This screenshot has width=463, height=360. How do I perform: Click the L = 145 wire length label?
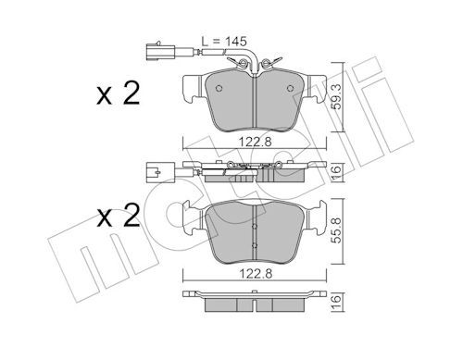coord(224,41)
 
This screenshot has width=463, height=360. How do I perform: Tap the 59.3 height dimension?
coord(337,97)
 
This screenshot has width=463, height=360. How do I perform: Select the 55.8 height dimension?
coord(337,230)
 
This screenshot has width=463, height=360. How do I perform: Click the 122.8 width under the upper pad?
coord(255,143)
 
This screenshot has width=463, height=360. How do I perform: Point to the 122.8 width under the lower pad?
coord(255,274)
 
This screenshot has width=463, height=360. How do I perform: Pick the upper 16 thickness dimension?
coord(337,170)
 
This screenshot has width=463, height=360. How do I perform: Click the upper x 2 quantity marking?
coord(119,93)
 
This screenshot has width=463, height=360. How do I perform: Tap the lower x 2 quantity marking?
coord(119,217)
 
